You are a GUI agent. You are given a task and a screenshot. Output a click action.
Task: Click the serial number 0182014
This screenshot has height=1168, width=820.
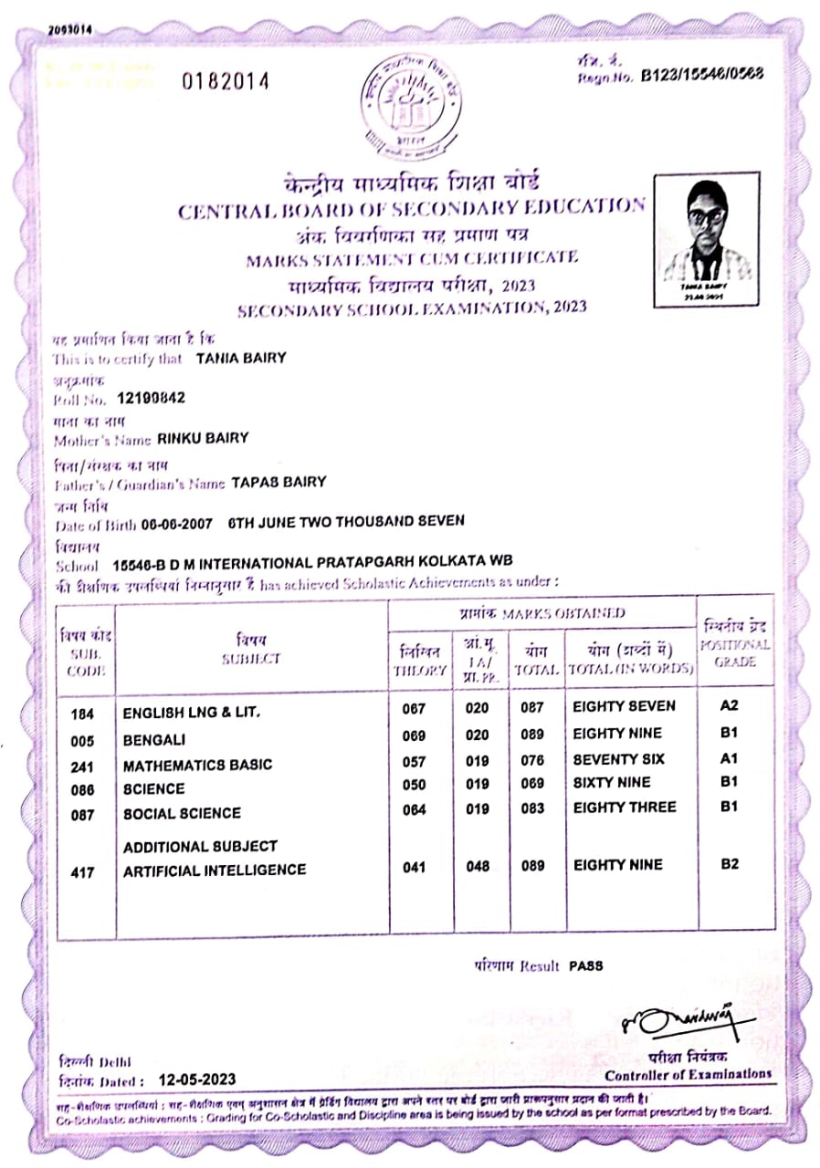tap(226, 81)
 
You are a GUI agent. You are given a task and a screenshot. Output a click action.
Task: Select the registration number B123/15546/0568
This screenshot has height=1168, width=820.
tap(702, 74)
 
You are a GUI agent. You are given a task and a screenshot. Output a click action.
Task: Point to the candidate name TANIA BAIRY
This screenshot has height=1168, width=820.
tap(241, 359)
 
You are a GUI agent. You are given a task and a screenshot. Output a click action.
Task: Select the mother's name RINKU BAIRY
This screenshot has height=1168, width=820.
tap(203, 438)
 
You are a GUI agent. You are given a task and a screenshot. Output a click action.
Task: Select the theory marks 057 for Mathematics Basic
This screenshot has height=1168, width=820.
tap(415, 760)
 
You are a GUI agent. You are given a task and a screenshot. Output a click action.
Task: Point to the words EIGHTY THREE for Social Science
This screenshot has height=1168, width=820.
tap(625, 808)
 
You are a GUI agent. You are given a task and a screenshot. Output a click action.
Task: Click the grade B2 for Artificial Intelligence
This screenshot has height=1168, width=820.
tap(729, 864)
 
